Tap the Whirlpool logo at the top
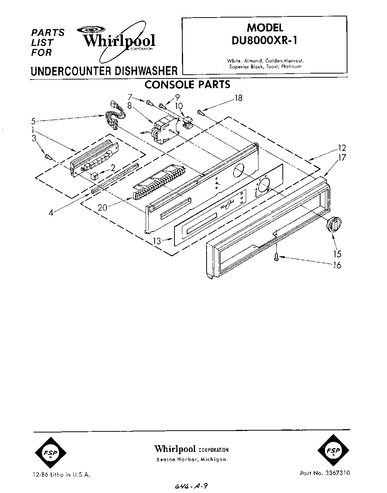[119, 41]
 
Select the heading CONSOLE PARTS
[187, 84]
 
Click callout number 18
[238, 98]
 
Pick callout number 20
[103, 207]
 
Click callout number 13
[157, 241]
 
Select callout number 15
[337, 254]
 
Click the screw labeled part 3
[47, 156]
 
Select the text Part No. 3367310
[325, 472]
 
